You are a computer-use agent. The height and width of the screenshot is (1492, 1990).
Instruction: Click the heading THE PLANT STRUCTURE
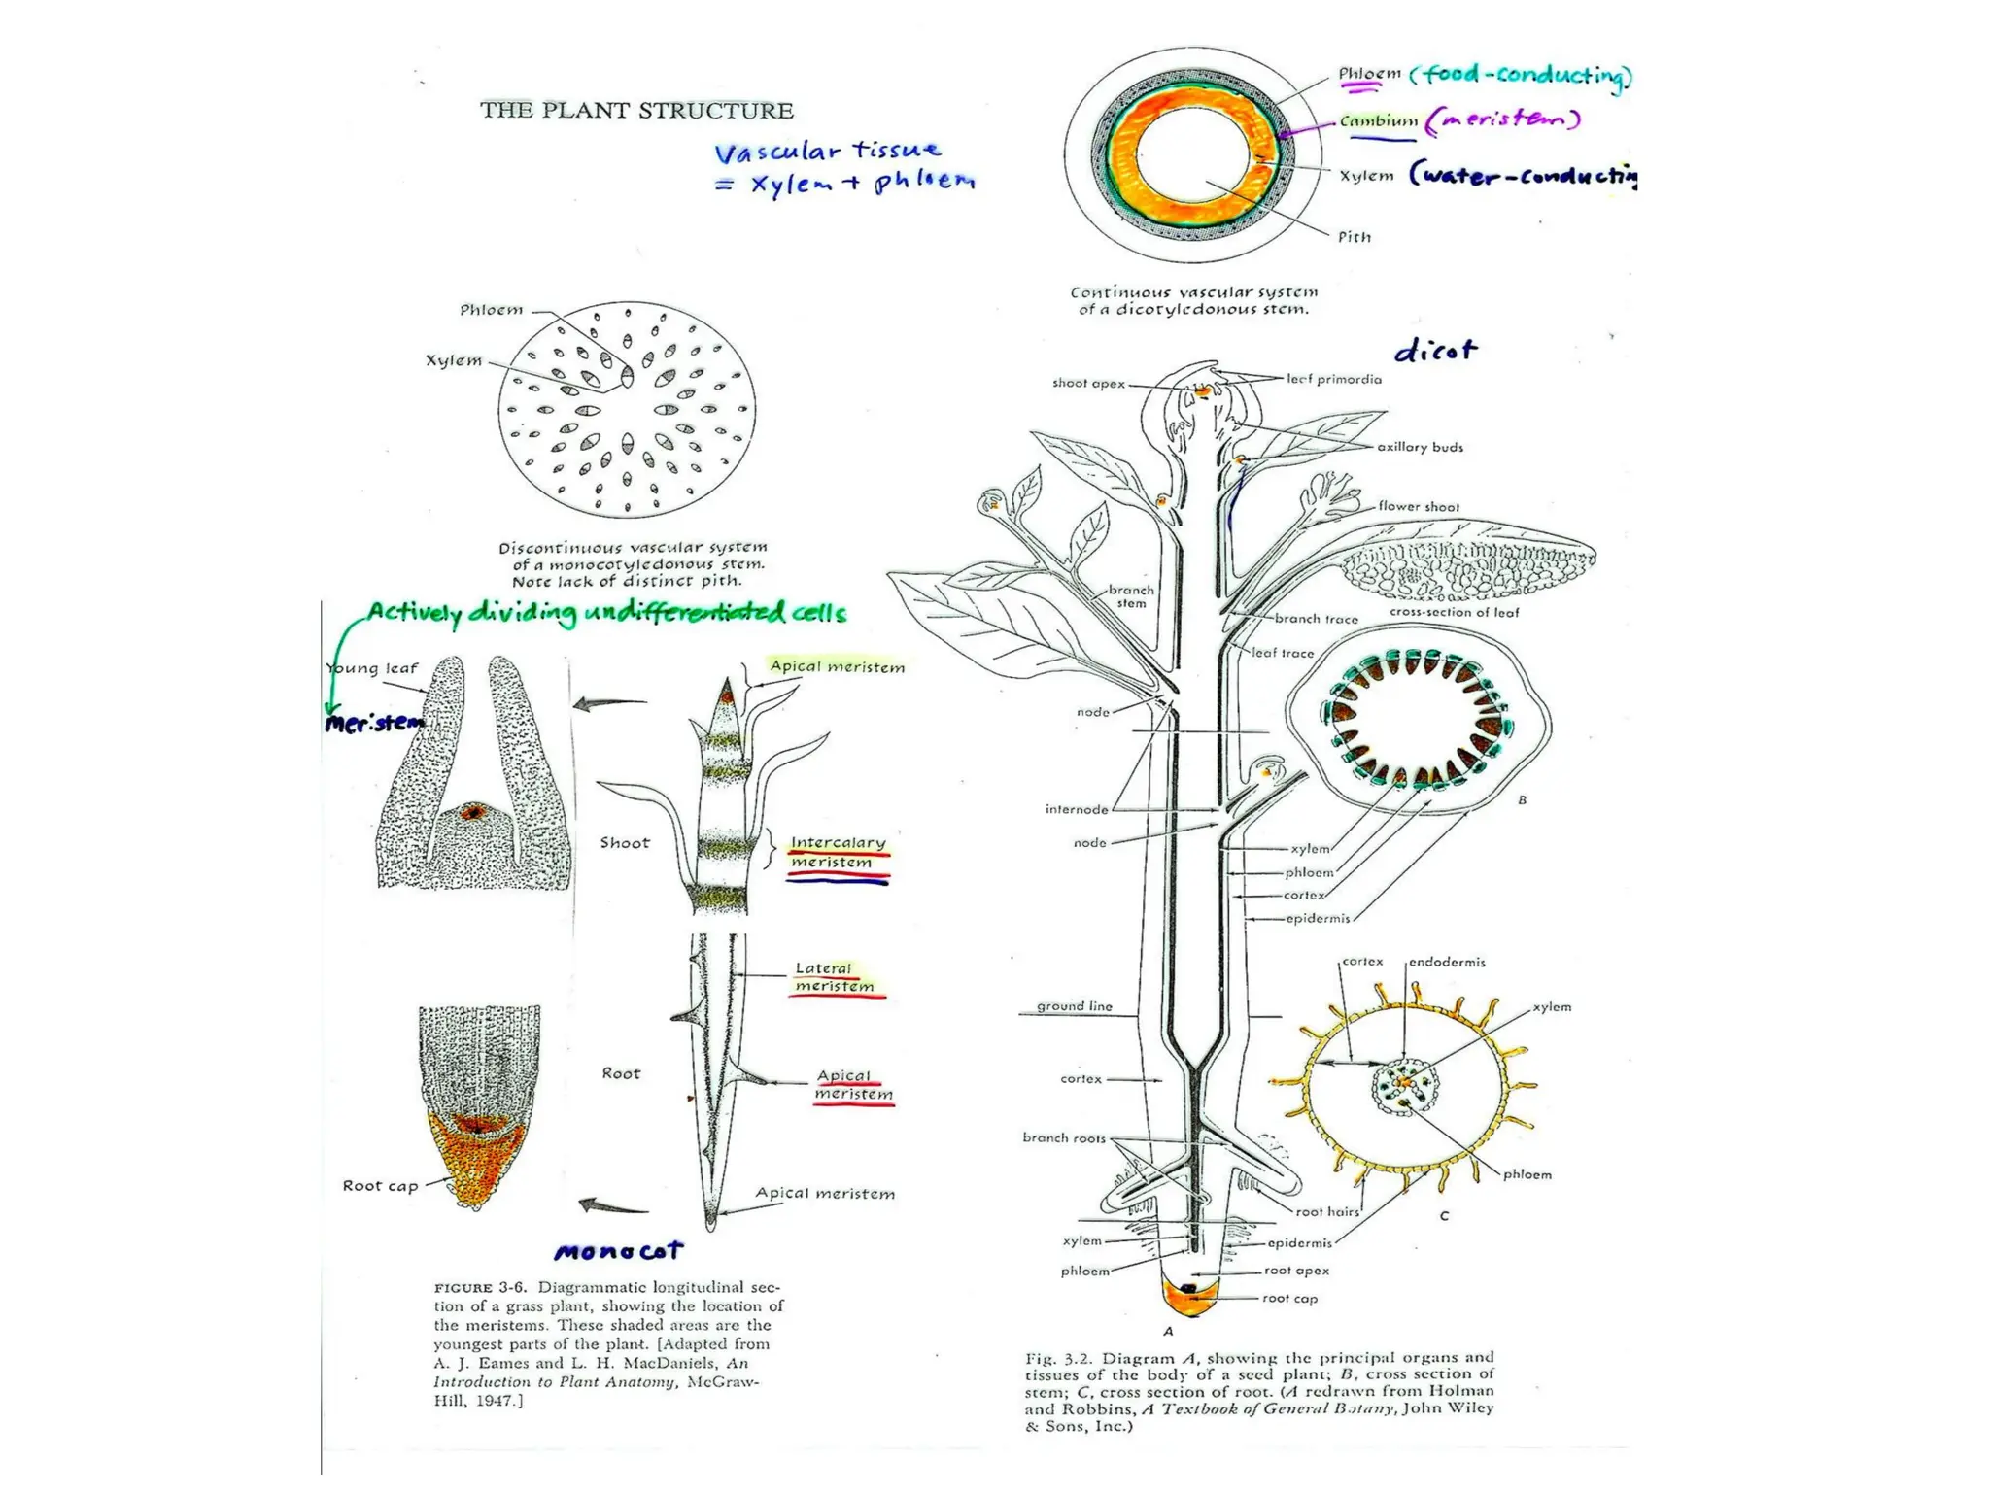(x=636, y=111)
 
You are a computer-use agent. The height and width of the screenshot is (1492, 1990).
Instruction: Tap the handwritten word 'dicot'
(x=1435, y=351)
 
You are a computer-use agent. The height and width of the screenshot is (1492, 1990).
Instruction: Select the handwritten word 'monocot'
(x=618, y=1251)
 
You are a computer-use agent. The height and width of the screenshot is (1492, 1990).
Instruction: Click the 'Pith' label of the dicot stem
(x=1355, y=237)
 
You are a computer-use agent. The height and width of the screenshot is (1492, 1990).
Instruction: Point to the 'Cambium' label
(x=1378, y=121)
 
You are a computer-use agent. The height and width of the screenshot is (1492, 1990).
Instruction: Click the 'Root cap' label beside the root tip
(x=380, y=1186)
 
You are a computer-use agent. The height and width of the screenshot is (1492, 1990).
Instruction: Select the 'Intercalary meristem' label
(x=838, y=853)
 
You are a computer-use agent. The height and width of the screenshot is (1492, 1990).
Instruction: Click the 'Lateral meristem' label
(x=833, y=977)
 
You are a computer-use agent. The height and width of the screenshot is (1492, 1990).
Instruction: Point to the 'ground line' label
(x=1074, y=1006)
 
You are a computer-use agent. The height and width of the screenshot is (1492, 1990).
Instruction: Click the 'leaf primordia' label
(x=1333, y=379)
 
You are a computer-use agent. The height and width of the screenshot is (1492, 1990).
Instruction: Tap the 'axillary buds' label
(x=1420, y=447)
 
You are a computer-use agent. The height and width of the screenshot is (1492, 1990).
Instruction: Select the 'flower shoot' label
(x=1418, y=506)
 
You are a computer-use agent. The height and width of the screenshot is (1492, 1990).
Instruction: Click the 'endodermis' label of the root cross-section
(x=1447, y=962)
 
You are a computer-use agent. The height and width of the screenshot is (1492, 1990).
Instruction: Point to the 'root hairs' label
(x=1326, y=1211)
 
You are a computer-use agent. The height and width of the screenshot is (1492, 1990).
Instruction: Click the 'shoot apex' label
(x=1088, y=384)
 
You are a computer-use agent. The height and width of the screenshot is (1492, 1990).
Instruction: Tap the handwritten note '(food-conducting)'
(x=1521, y=75)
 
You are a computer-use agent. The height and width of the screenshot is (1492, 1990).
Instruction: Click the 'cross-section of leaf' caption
(x=1454, y=612)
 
